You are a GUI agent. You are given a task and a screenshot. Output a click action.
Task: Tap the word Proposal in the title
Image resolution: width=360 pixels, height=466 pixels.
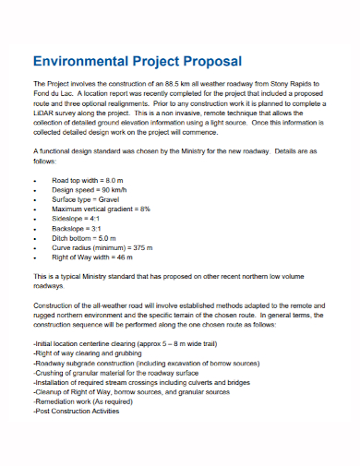point(209,61)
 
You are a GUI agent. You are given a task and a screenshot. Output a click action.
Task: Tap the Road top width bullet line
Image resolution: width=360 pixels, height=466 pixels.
point(88,180)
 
